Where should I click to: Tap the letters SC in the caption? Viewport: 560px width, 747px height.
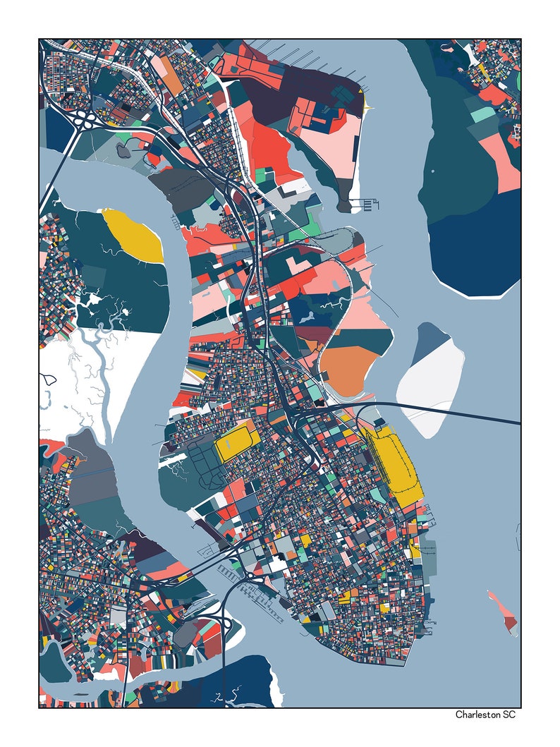click(x=510, y=715)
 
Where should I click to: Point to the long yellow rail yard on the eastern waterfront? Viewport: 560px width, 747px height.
click(x=395, y=466)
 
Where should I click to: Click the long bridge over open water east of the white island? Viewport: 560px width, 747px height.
click(x=487, y=417)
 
